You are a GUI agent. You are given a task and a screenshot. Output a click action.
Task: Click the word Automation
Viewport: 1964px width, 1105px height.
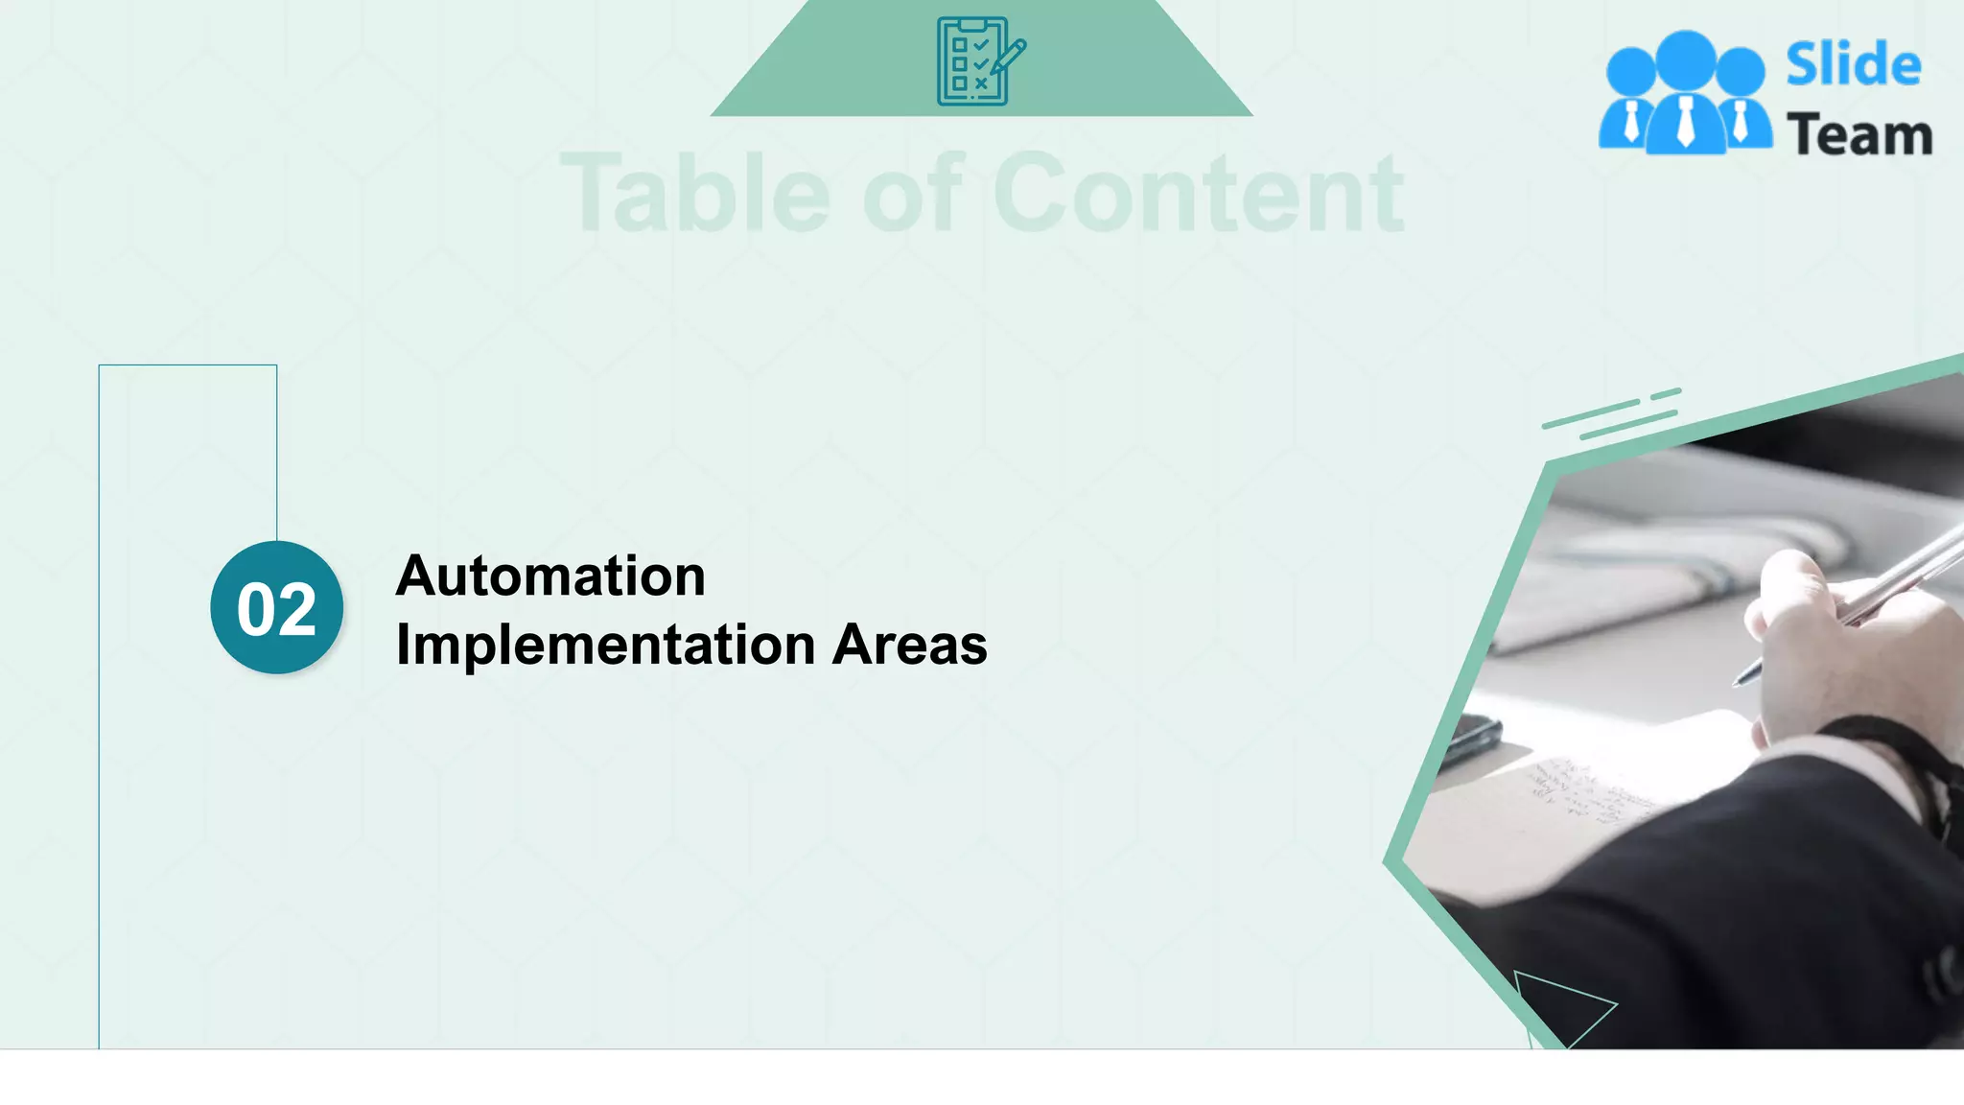(550, 576)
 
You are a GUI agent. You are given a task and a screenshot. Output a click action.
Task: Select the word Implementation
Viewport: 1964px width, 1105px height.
(605, 645)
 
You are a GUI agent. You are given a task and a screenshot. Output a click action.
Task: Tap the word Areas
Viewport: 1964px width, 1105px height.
(909, 645)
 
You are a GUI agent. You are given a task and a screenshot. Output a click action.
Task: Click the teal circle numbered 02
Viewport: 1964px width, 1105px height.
(277, 608)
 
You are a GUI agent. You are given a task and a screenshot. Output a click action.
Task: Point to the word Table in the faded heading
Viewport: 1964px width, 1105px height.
(695, 194)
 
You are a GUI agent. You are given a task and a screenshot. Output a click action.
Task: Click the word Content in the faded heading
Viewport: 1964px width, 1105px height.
(1198, 194)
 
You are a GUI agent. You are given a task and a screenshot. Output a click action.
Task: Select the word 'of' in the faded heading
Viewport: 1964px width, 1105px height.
(912, 194)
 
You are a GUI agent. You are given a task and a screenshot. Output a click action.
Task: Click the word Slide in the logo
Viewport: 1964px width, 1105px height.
(1853, 65)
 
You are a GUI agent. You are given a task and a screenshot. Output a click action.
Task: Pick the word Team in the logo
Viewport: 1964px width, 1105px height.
(1859, 135)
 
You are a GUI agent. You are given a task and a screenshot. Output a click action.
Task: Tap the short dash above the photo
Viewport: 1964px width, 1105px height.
(1666, 393)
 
